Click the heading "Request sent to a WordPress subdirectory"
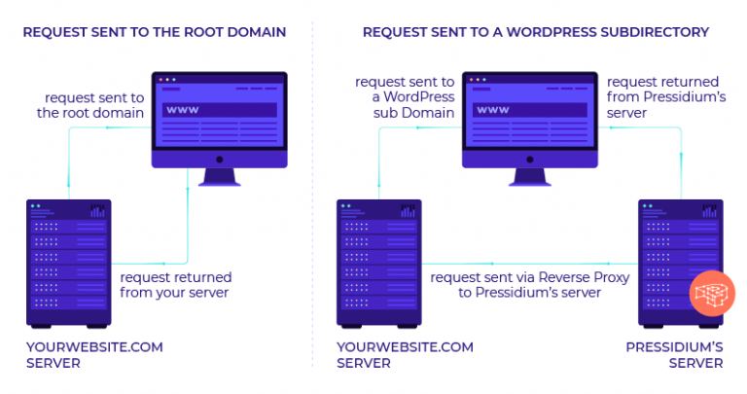tap(535, 32)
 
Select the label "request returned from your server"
tap(175, 285)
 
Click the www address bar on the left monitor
tap(220, 109)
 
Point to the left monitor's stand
tap(220, 175)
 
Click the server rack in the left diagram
tap(69, 263)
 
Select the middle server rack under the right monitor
tap(378, 263)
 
